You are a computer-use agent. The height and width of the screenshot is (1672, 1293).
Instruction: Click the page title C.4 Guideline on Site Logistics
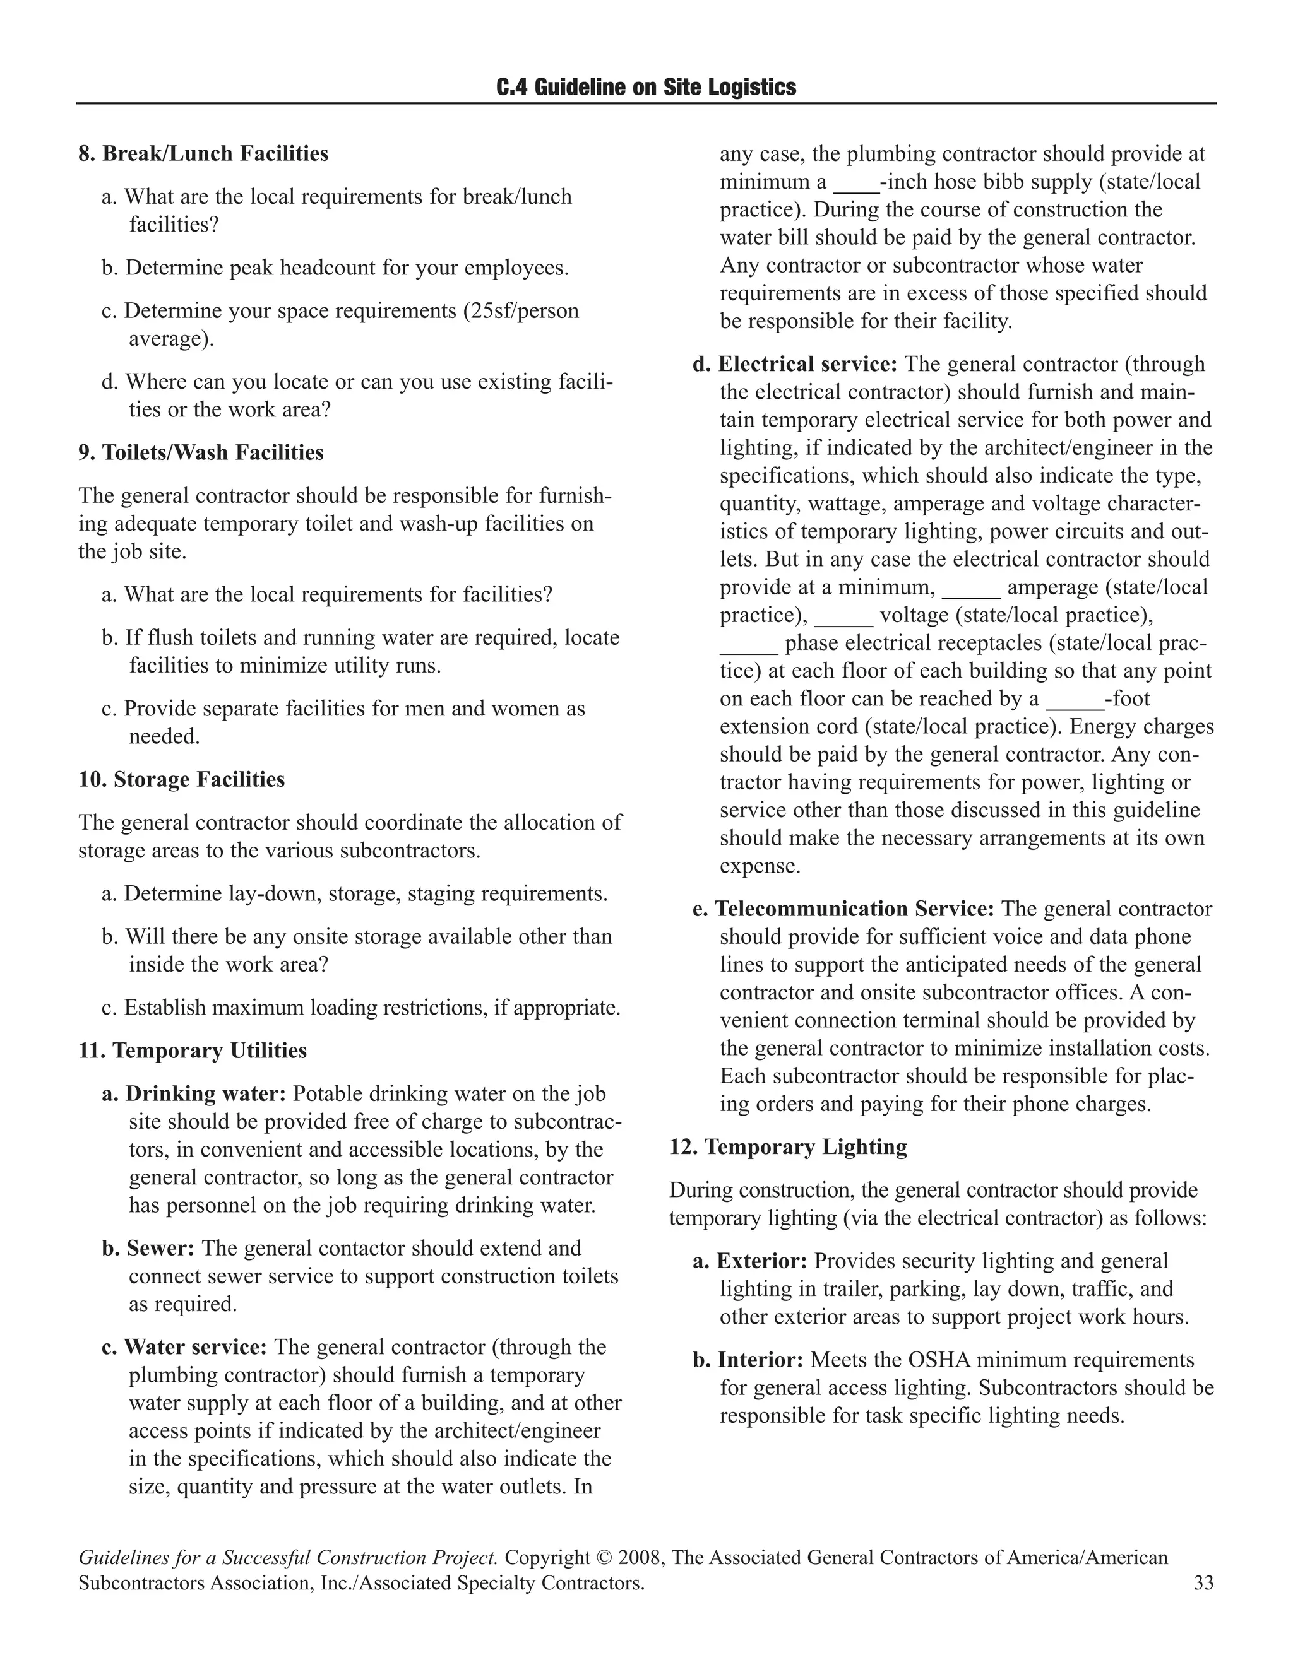[x=646, y=87]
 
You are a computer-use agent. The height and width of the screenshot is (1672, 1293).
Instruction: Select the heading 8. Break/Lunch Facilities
[x=203, y=154]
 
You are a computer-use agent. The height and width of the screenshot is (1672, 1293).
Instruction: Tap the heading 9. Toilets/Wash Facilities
[x=201, y=452]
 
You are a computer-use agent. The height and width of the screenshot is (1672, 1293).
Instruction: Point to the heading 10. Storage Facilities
[x=182, y=779]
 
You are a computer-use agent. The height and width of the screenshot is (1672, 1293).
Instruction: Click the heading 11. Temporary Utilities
[x=193, y=1051]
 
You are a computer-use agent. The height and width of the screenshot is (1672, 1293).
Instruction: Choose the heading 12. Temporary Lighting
[x=788, y=1147]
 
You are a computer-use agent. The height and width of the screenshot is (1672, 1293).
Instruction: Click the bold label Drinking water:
[x=205, y=1093]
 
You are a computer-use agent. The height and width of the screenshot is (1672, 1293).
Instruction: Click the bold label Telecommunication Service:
[x=854, y=909]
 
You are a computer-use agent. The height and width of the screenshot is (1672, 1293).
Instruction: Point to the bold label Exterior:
[x=761, y=1261]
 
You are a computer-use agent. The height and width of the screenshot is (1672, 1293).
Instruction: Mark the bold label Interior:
[x=759, y=1360]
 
